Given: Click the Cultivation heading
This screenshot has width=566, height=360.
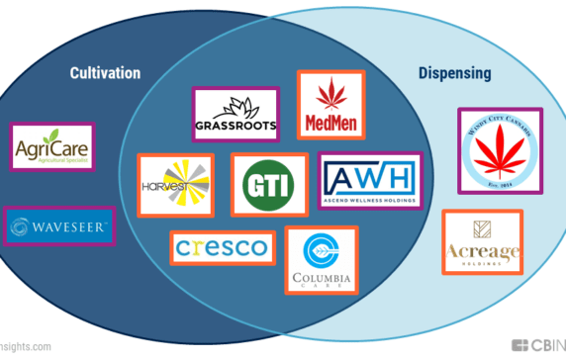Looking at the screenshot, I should click(x=105, y=73).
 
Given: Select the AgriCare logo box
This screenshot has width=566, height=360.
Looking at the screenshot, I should click(x=47, y=151).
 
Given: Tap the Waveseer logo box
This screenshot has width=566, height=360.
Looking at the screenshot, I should click(x=63, y=227).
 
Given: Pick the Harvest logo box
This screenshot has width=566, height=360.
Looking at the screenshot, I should click(x=175, y=184).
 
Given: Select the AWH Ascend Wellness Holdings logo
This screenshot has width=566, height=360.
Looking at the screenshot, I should click(x=368, y=181).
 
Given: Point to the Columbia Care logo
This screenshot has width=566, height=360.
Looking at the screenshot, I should click(x=321, y=259).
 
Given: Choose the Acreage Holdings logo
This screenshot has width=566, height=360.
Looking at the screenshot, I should click(x=482, y=242).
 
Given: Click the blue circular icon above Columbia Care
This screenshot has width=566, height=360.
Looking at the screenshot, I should click(x=321, y=248).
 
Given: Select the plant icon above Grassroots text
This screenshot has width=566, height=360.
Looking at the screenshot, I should click(x=237, y=107).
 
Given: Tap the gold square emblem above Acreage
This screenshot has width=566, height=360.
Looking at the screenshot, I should click(x=483, y=227).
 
